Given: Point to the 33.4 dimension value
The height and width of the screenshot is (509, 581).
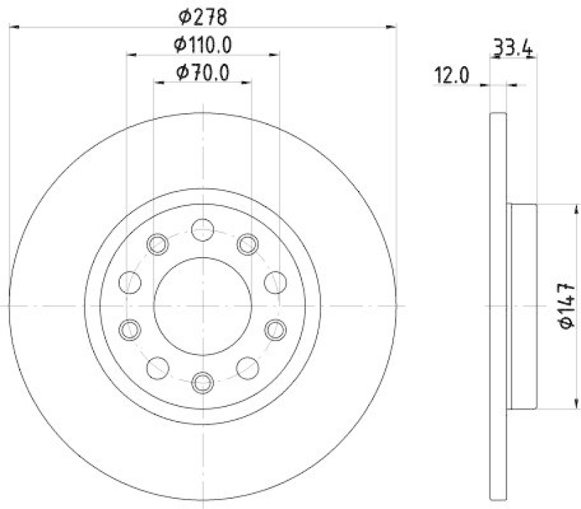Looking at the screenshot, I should click(x=513, y=49).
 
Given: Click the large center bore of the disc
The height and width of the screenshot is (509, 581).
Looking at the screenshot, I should click(x=203, y=306).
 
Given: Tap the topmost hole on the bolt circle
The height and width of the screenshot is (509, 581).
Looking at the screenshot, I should click(x=203, y=232).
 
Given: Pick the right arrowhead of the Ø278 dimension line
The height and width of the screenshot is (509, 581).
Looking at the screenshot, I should click(x=392, y=27).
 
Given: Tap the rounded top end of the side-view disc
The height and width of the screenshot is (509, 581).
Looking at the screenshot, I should click(x=498, y=118).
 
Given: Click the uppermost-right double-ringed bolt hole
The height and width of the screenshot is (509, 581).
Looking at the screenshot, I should click(x=248, y=245).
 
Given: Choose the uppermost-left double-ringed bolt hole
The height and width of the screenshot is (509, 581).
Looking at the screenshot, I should click(x=158, y=245).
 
